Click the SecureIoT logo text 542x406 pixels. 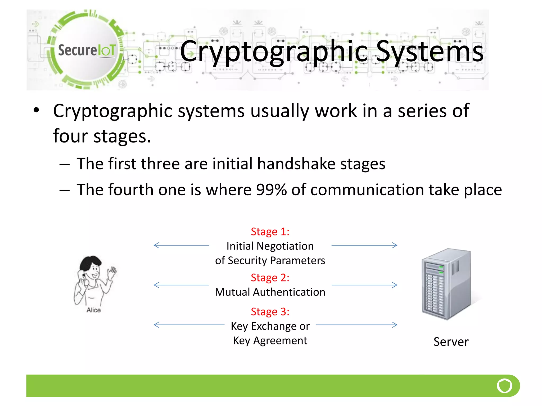87,50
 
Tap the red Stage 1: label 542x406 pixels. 270,232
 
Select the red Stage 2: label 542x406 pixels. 270,278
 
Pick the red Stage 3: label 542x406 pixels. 270,312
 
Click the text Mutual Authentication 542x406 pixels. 270,292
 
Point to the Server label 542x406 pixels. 451,342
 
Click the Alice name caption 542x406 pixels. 93,310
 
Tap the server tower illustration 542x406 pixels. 446,284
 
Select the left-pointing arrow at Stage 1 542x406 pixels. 181,245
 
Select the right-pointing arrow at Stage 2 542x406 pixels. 364,285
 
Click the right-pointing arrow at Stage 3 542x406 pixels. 357,325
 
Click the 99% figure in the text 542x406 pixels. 271,190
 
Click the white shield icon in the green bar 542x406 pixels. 504,386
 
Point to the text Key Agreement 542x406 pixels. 270,340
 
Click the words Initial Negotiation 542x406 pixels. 270,246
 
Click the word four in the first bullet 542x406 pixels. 70,136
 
